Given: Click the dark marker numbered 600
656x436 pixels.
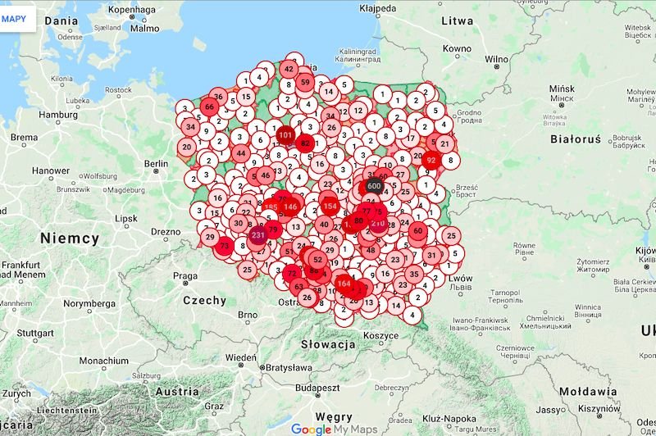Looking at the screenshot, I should click(374, 186).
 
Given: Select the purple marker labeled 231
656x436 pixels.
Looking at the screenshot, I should click(257, 235).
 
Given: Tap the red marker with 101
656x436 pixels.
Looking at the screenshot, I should click(285, 134).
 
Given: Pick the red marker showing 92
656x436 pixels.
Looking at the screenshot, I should click(431, 161).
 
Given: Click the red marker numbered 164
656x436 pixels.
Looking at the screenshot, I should click(344, 284).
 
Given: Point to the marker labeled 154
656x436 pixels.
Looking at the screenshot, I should click(330, 207).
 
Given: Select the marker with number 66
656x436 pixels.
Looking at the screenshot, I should click(209, 107).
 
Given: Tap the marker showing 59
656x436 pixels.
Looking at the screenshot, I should click(305, 82).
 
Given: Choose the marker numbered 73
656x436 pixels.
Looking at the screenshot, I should click(224, 246).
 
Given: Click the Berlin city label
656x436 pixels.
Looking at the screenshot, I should click(157, 164).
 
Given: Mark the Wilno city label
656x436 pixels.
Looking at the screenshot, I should click(497, 60).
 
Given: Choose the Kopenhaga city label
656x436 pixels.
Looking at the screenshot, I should click(131, 11).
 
